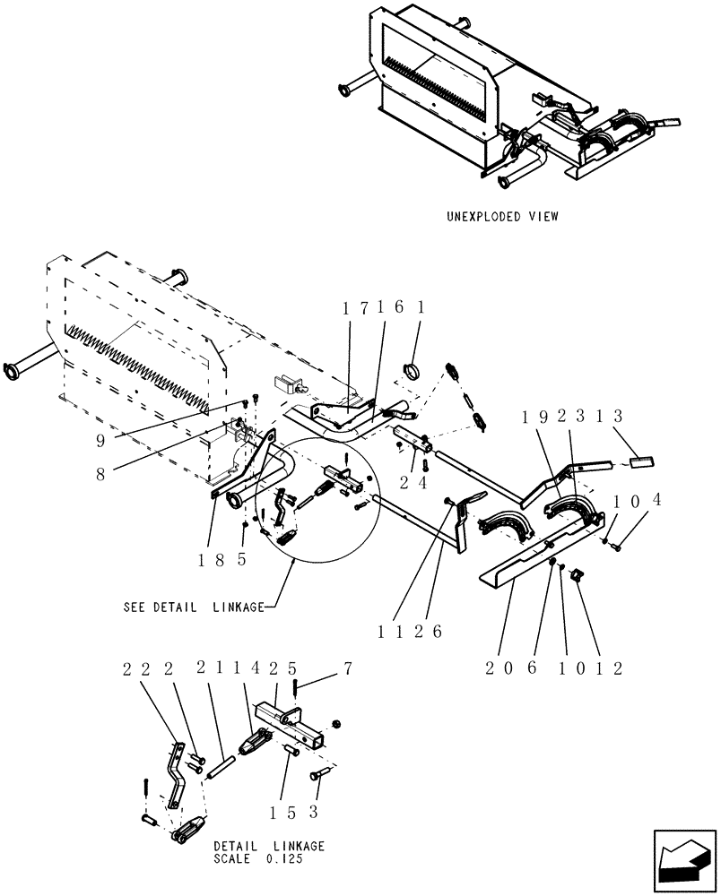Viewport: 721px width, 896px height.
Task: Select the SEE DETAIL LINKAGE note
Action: point(194,607)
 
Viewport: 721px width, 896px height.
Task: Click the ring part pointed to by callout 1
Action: point(416,368)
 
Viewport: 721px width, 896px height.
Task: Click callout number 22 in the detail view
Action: point(143,668)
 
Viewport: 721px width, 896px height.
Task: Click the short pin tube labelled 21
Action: point(221,767)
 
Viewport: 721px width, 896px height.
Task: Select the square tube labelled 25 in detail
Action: point(291,724)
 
